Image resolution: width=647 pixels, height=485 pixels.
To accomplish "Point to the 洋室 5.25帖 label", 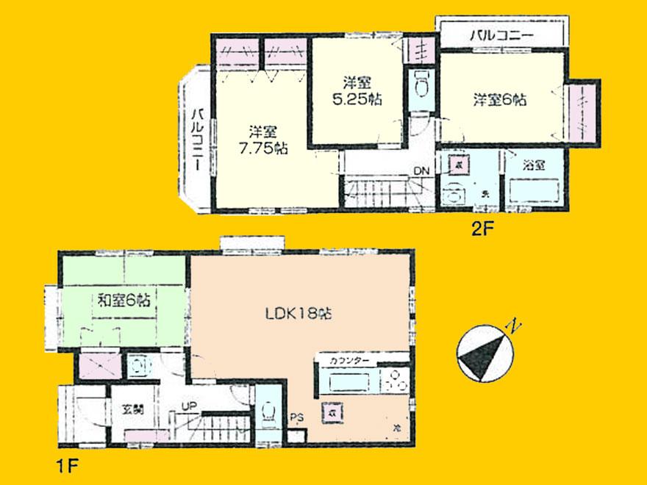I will click(x=355, y=90).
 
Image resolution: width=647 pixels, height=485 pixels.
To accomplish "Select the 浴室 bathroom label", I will click(x=535, y=165).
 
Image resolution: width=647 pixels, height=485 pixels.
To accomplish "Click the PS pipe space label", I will click(x=296, y=420).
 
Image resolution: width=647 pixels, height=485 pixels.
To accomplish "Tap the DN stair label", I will click(x=421, y=171).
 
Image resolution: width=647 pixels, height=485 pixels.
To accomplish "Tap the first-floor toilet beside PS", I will click(x=268, y=416).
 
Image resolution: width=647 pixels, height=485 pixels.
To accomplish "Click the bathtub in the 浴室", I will click(x=535, y=192).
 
